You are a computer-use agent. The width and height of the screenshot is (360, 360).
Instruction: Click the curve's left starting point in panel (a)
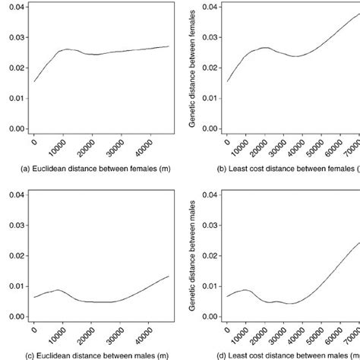point(34,81)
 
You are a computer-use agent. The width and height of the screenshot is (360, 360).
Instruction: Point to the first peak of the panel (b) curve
point(262,47)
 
